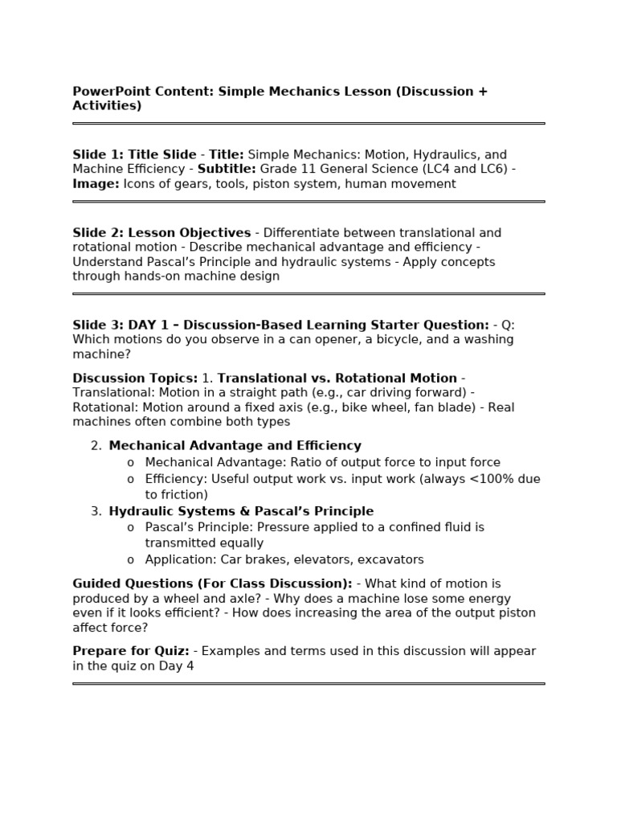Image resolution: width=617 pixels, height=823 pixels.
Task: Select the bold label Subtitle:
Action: tap(227, 169)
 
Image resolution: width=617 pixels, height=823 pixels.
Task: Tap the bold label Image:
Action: tap(96, 184)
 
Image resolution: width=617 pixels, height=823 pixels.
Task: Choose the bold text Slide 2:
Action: tap(99, 233)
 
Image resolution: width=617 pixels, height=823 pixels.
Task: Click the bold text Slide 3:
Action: tap(99, 325)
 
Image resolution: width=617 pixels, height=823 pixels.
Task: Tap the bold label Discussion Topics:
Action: tap(135, 378)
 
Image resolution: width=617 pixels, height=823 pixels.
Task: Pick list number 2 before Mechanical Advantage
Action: tap(96, 446)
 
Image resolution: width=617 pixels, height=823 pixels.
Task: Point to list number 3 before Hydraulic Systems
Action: tap(96, 511)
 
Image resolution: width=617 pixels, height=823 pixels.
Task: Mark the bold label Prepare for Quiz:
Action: tap(131, 651)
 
